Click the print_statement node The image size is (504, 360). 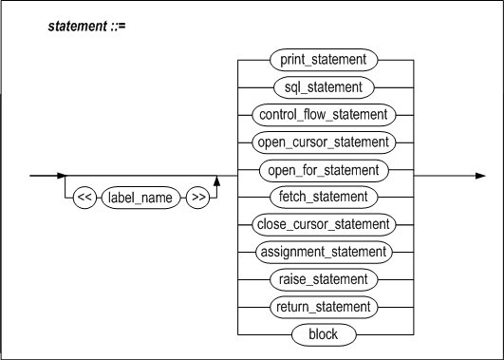coord(324,59)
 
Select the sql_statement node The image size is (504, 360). coord(324,86)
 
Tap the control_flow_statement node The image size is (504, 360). coord(324,114)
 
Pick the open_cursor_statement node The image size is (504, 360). coord(324,142)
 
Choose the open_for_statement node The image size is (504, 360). coord(324,170)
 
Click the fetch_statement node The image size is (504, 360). coord(324,197)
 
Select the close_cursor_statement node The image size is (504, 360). coord(324,224)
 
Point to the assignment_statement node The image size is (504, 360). coord(324,252)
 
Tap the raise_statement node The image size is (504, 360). coord(324,279)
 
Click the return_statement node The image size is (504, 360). coord(324,307)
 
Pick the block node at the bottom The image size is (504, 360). coord(324,334)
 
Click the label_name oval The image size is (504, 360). coord(140,202)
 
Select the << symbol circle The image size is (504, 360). coord(84,202)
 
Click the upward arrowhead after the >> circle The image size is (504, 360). coord(217,181)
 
